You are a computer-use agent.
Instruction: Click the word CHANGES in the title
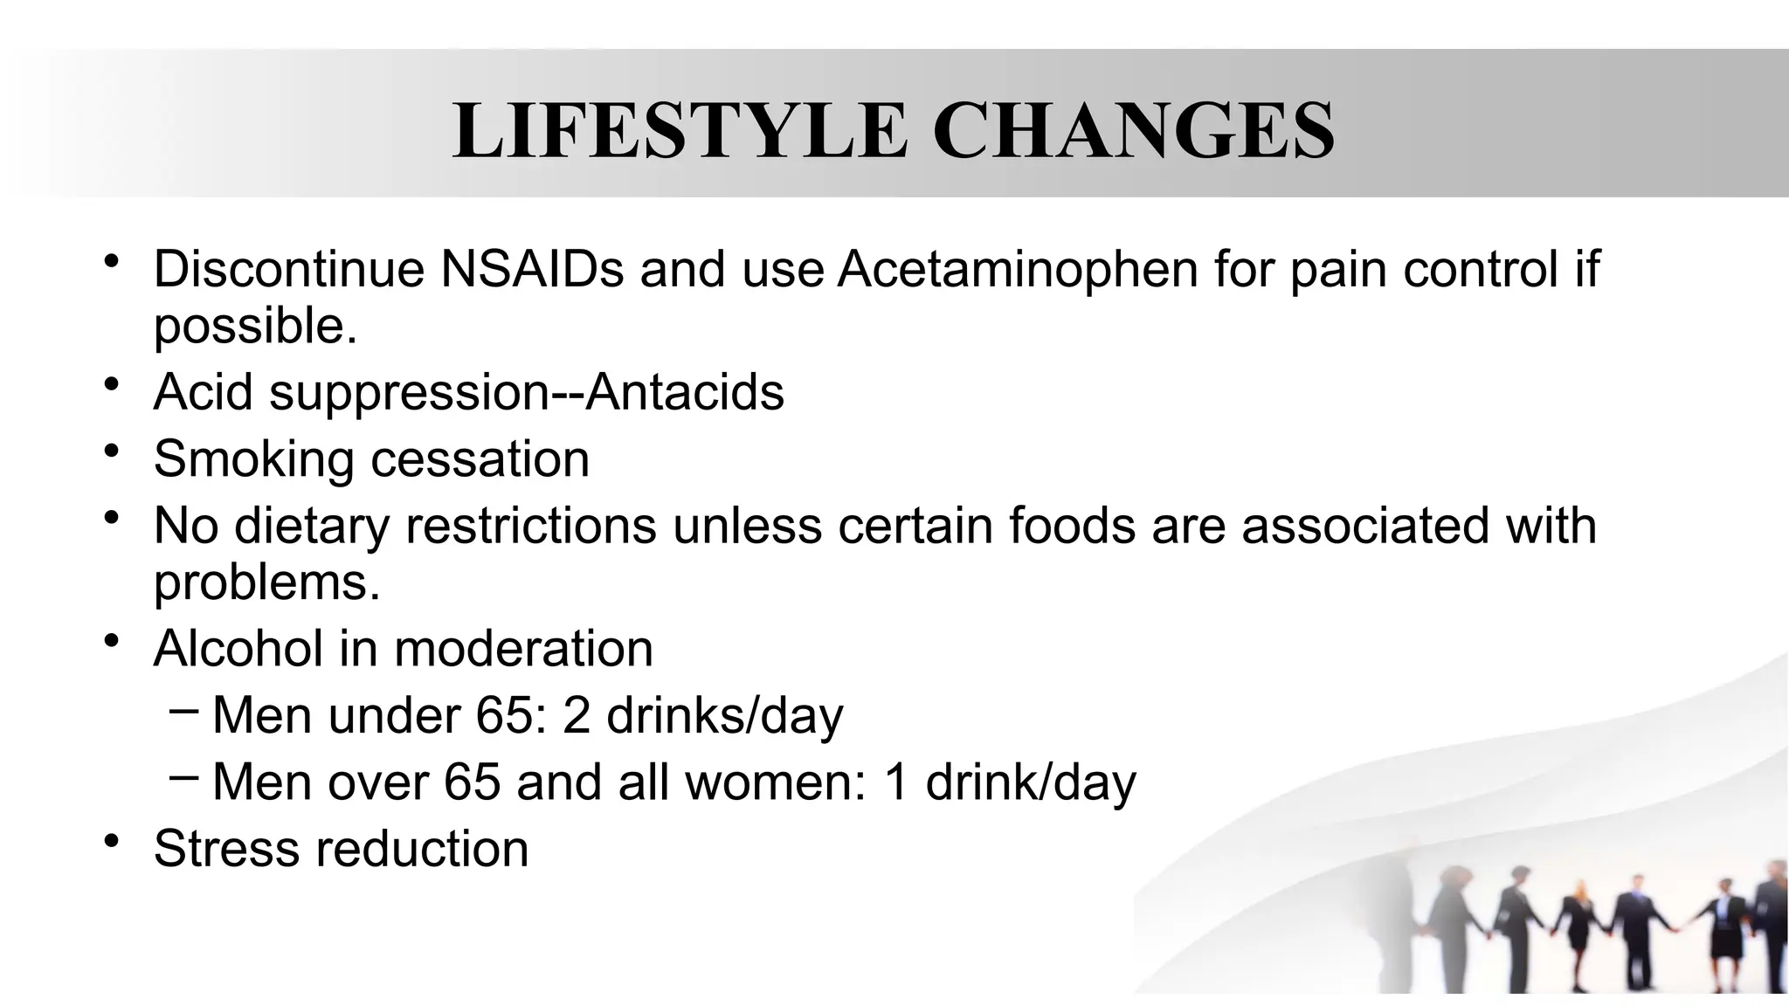pyautogui.click(x=1134, y=131)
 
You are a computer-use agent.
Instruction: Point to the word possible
pyautogui.click(x=255, y=327)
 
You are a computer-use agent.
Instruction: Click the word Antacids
pyautogui.click(x=685, y=391)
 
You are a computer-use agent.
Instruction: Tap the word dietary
pyautogui.click(x=311, y=526)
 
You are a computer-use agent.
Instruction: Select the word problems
pyautogui.click(x=266, y=582)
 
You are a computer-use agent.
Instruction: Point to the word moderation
pyautogui.click(x=523, y=648)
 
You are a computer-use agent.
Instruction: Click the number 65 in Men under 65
pyautogui.click(x=505, y=715)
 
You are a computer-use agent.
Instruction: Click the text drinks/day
pyautogui.click(x=725, y=715)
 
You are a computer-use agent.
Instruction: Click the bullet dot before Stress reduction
pyautogui.click(x=110, y=841)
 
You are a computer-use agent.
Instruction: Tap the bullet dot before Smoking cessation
pyautogui.click(x=110, y=451)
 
